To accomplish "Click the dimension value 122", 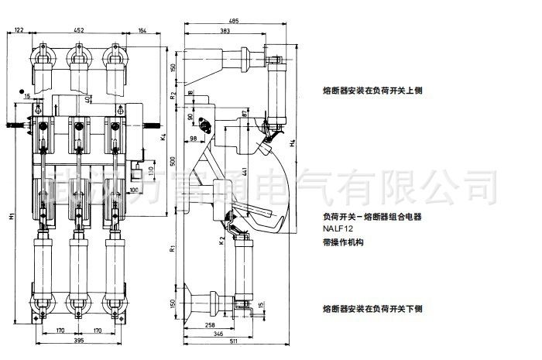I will (x=19, y=29).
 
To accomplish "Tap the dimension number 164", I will (x=142, y=29).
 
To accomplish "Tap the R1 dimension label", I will (x=173, y=249).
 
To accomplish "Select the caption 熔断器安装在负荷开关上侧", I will (x=372, y=91).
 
